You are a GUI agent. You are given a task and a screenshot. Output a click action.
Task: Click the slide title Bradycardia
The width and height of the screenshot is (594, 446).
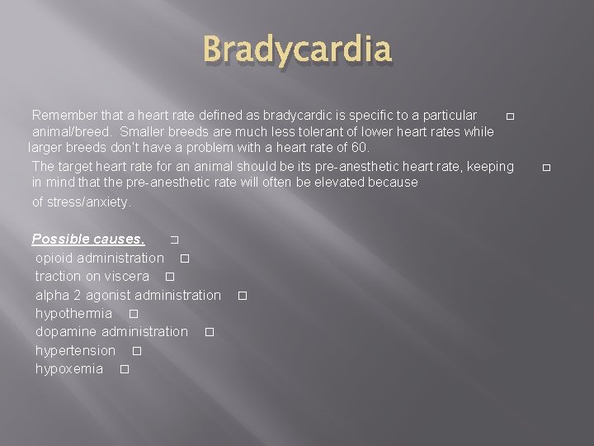297,50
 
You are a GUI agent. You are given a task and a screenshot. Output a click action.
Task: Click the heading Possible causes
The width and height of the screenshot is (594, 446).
87,240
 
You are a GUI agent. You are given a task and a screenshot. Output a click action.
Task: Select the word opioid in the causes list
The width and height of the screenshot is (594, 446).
54,258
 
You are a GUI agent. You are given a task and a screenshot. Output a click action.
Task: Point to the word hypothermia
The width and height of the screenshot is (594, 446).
73,313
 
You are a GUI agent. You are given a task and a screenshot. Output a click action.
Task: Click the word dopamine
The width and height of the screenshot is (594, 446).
66,331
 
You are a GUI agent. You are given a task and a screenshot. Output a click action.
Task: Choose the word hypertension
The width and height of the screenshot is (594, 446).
75,350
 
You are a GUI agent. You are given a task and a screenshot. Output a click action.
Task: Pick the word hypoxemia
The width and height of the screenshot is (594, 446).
69,368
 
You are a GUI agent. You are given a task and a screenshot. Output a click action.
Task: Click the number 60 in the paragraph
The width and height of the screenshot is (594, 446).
359,148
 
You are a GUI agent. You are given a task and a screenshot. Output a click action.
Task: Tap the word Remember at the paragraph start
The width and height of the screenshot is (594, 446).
64,115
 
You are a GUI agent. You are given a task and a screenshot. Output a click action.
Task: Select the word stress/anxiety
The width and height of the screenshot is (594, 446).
81,202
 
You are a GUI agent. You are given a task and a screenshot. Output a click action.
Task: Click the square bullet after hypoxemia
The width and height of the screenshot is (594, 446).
124,369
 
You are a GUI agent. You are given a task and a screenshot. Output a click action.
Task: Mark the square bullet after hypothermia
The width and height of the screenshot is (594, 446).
133,314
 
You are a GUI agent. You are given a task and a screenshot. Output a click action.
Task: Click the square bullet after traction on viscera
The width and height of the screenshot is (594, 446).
170,277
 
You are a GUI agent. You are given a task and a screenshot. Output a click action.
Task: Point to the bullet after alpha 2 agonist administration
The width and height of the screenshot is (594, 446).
243,295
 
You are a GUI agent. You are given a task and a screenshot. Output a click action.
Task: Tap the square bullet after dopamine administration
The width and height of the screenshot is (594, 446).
209,332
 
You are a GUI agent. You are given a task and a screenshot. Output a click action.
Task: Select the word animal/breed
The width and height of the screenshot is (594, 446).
71,131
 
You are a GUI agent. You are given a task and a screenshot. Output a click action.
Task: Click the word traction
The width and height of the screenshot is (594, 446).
58,276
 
